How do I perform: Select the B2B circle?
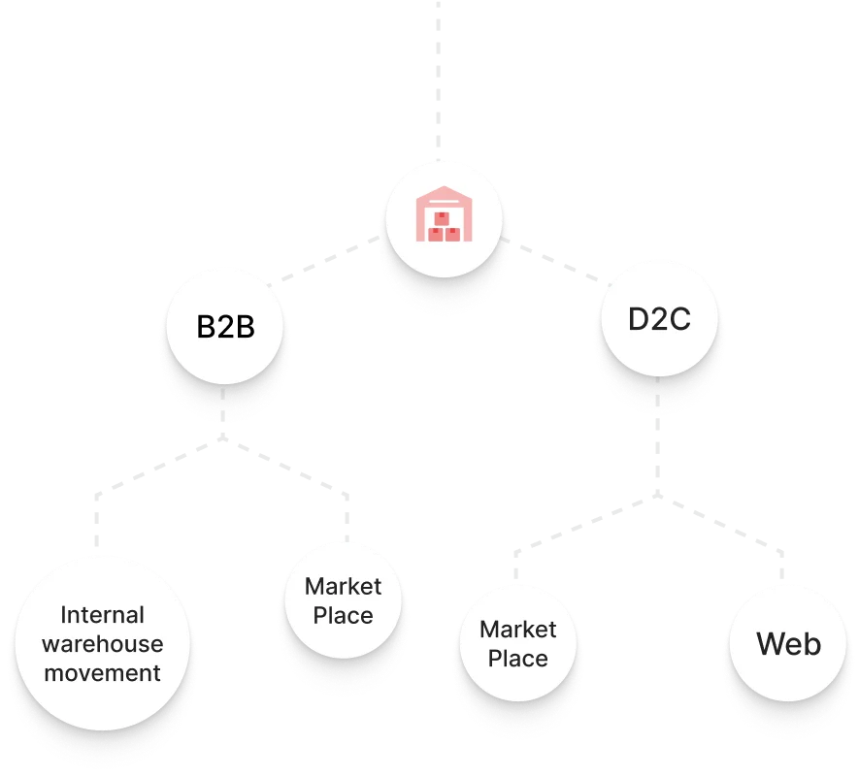[x=225, y=327]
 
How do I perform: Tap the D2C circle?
[x=659, y=319]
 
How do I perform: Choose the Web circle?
[x=788, y=644]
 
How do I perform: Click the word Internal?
[x=102, y=615]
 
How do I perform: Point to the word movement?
[x=102, y=673]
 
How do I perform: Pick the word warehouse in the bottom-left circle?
[x=102, y=644]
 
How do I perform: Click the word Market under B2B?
[x=343, y=586]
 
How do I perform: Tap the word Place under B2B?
[x=343, y=616]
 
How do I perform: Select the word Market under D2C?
[x=517, y=630]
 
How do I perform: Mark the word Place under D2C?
[x=517, y=659]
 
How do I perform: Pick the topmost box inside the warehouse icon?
[x=444, y=215]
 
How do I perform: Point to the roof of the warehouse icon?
[x=444, y=192]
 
